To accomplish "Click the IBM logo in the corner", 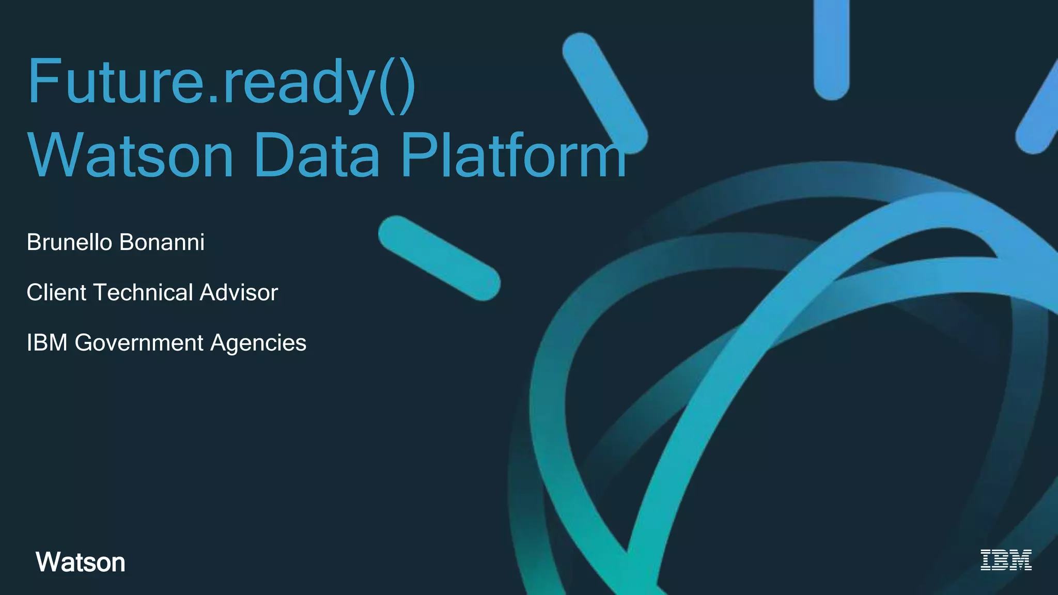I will (1006, 560).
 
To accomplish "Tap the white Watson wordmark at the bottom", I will (81, 562).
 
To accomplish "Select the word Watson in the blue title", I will (131, 155).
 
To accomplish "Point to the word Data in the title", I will (317, 155).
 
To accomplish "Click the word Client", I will (56, 292).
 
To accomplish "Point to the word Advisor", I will (239, 292).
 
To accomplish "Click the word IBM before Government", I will (47, 342).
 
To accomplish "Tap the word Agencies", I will (258, 343).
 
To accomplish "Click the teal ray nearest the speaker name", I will (439, 258).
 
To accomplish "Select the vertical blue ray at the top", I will (832, 49).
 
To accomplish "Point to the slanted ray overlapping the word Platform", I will (605, 93).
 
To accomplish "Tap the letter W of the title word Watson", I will (54, 155).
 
